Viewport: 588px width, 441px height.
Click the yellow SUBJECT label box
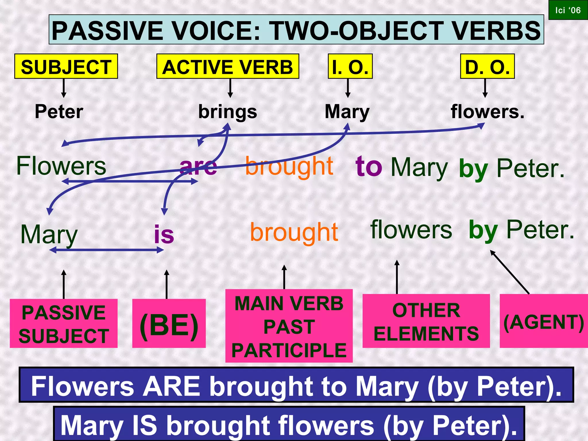(66, 66)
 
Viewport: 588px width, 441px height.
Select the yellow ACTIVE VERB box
(228, 66)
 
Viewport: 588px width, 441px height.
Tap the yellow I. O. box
(350, 66)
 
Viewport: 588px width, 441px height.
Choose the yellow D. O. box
(487, 66)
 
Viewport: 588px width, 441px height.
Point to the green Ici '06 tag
(568, 10)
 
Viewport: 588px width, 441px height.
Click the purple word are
(198, 167)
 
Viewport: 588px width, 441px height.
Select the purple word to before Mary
(369, 167)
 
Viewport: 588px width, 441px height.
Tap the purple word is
(164, 234)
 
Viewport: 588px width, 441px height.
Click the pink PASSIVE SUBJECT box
(64, 324)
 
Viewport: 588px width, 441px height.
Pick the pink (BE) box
(169, 324)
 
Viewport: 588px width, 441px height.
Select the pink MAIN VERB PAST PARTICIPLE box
(289, 326)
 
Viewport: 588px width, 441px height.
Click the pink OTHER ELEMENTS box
(426, 321)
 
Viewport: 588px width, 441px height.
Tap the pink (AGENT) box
(543, 321)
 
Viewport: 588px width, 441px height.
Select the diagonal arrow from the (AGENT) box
(510, 272)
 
